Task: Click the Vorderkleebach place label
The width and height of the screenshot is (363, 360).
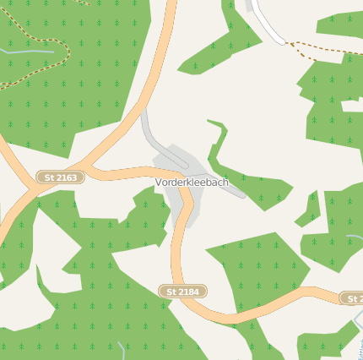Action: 192,183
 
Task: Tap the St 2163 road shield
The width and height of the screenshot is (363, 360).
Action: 61,177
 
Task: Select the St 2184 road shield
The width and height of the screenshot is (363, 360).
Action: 183,292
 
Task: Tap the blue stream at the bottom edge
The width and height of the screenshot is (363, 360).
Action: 123,349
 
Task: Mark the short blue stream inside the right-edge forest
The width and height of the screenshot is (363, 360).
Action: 353,237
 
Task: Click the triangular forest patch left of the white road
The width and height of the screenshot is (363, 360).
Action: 224,38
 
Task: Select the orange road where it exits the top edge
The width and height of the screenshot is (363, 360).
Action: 171,5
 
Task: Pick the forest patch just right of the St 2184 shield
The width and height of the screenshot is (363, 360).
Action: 253,270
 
